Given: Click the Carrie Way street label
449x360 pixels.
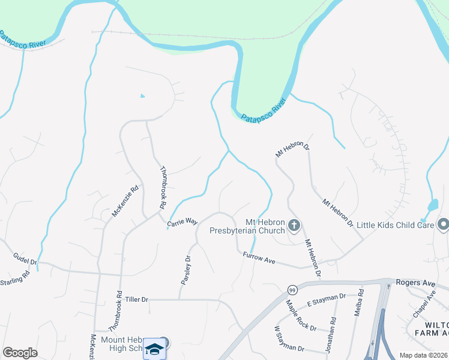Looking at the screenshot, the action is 182,221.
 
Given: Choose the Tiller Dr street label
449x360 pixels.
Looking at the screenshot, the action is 136,299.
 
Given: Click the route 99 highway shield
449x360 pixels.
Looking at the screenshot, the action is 292,289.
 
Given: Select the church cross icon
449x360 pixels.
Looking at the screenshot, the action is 294,226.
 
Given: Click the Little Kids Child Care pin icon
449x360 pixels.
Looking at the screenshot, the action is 444,224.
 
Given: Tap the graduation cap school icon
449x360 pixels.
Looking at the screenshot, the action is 154,349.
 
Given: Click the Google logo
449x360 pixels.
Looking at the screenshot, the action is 20,353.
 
